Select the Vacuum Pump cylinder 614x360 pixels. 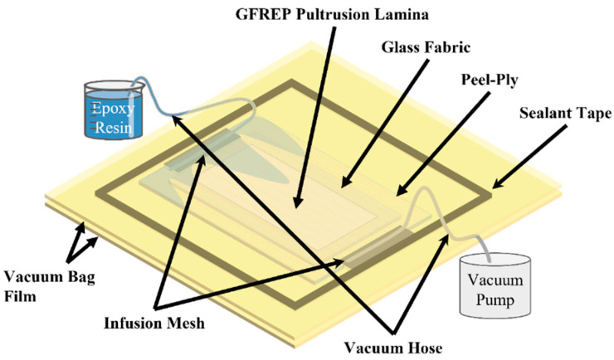[499, 284]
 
